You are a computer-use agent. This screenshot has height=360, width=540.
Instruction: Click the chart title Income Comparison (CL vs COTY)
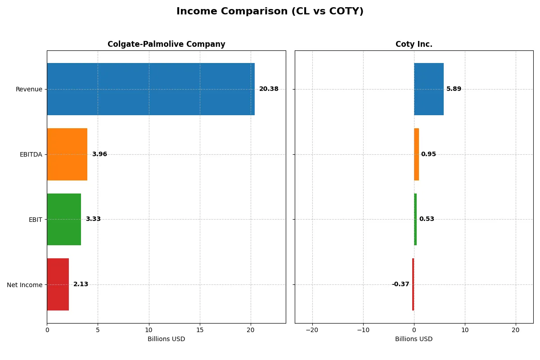(270, 11)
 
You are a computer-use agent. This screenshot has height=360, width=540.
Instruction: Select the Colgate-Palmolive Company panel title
(166, 44)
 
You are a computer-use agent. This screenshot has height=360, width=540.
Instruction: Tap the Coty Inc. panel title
(414, 44)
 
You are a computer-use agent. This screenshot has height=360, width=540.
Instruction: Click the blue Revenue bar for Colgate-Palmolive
(150, 89)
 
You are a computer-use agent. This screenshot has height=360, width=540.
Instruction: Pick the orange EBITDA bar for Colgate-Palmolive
(67, 154)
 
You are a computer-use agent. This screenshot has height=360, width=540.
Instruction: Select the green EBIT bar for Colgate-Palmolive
(64, 219)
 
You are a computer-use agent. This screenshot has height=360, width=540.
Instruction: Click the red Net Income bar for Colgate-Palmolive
(58, 284)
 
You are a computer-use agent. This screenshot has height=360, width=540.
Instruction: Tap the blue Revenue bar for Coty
(428, 89)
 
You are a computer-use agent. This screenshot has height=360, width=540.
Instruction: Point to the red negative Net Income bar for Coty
(413, 284)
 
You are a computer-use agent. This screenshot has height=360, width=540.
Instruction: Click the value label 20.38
(269, 89)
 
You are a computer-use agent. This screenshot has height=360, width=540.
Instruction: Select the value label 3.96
(99, 154)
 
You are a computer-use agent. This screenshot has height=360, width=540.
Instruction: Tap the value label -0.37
(400, 284)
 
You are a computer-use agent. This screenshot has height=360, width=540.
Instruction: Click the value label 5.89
(454, 89)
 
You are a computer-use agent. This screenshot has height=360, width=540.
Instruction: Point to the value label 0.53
(427, 219)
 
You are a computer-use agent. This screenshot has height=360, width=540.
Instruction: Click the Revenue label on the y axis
(29, 89)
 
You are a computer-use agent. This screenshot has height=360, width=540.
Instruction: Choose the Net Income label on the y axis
(25, 284)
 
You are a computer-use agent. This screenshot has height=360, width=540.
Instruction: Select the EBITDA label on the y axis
(31, 154)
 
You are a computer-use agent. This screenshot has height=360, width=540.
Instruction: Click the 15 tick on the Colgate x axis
(200, 330)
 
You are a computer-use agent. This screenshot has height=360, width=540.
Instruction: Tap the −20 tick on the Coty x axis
(312, 330)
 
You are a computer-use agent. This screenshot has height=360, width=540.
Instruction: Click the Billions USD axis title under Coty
(414, 339)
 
